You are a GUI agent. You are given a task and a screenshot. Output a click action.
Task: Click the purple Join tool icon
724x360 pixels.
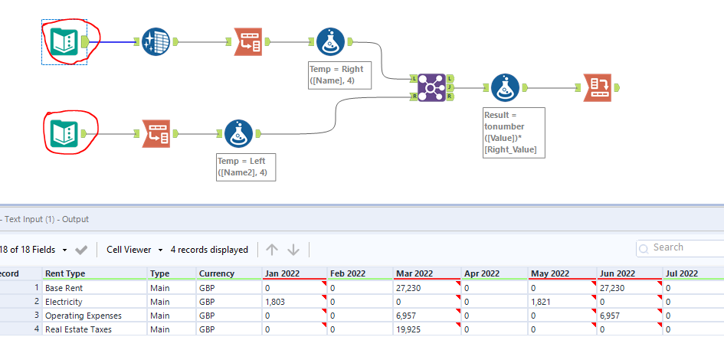[432, 87]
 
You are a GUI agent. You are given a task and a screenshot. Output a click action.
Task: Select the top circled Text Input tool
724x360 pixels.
[64, 41]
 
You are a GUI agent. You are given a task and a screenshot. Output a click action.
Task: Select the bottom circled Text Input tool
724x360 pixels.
[64, 133]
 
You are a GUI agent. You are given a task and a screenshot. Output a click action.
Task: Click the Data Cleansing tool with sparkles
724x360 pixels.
[156, 41]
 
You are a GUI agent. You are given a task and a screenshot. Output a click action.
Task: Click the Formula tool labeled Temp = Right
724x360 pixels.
[331, 41]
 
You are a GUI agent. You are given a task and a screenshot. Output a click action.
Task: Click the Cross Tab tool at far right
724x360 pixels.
[598, 87]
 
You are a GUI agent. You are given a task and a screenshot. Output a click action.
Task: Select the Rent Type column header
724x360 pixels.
[65, 273]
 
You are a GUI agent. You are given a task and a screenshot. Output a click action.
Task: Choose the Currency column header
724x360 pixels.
[211, 273]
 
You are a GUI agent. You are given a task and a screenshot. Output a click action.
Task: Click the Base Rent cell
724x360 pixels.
[64, 288]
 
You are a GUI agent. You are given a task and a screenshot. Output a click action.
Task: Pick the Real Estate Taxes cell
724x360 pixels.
[78, 329]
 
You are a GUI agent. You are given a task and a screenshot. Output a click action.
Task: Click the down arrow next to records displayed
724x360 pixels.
[293, 250]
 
